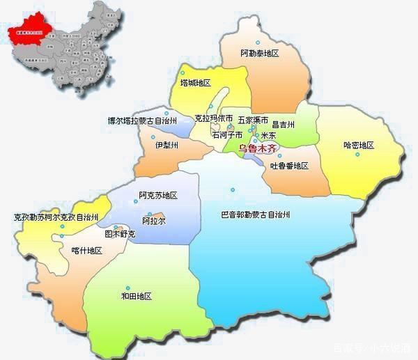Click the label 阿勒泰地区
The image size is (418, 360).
(x=259, y=54)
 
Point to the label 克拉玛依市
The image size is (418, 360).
(x=213, y=119)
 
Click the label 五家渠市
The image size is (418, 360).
(x=253, y=119)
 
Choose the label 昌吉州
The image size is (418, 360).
(x=284, y=124)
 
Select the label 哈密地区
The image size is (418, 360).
(x=359, y=145)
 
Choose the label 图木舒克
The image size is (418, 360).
(x=120, y=235)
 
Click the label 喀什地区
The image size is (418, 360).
(x=86, y=251)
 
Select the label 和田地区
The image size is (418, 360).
(x=136, y=296)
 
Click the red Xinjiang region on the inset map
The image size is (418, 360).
(x=31, y=31)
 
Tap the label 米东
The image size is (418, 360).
(x=268, y=135)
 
